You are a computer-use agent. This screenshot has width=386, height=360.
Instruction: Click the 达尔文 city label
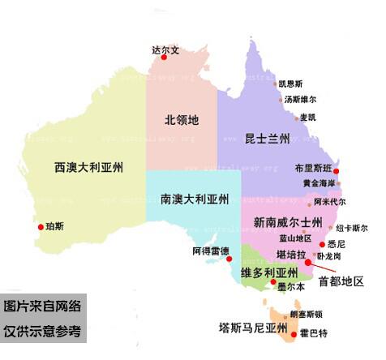click(165, 49)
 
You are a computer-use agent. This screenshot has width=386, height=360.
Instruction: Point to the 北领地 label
click(182, 120)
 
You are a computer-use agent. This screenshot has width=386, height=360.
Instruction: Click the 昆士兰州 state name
click(267, 139)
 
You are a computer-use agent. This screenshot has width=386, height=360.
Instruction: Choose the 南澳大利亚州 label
click(195, 199)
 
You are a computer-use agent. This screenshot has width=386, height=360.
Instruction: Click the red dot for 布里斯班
click(337, 171)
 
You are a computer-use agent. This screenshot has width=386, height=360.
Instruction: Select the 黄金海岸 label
click(318, 184)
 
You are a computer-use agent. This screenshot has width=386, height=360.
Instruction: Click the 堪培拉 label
click(290, 255)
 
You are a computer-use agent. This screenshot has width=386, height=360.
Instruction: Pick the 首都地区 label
click(341, 282)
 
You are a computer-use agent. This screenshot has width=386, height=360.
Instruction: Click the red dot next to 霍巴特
click(293, 332)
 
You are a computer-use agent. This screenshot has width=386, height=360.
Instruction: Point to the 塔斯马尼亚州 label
click(254, 328)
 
